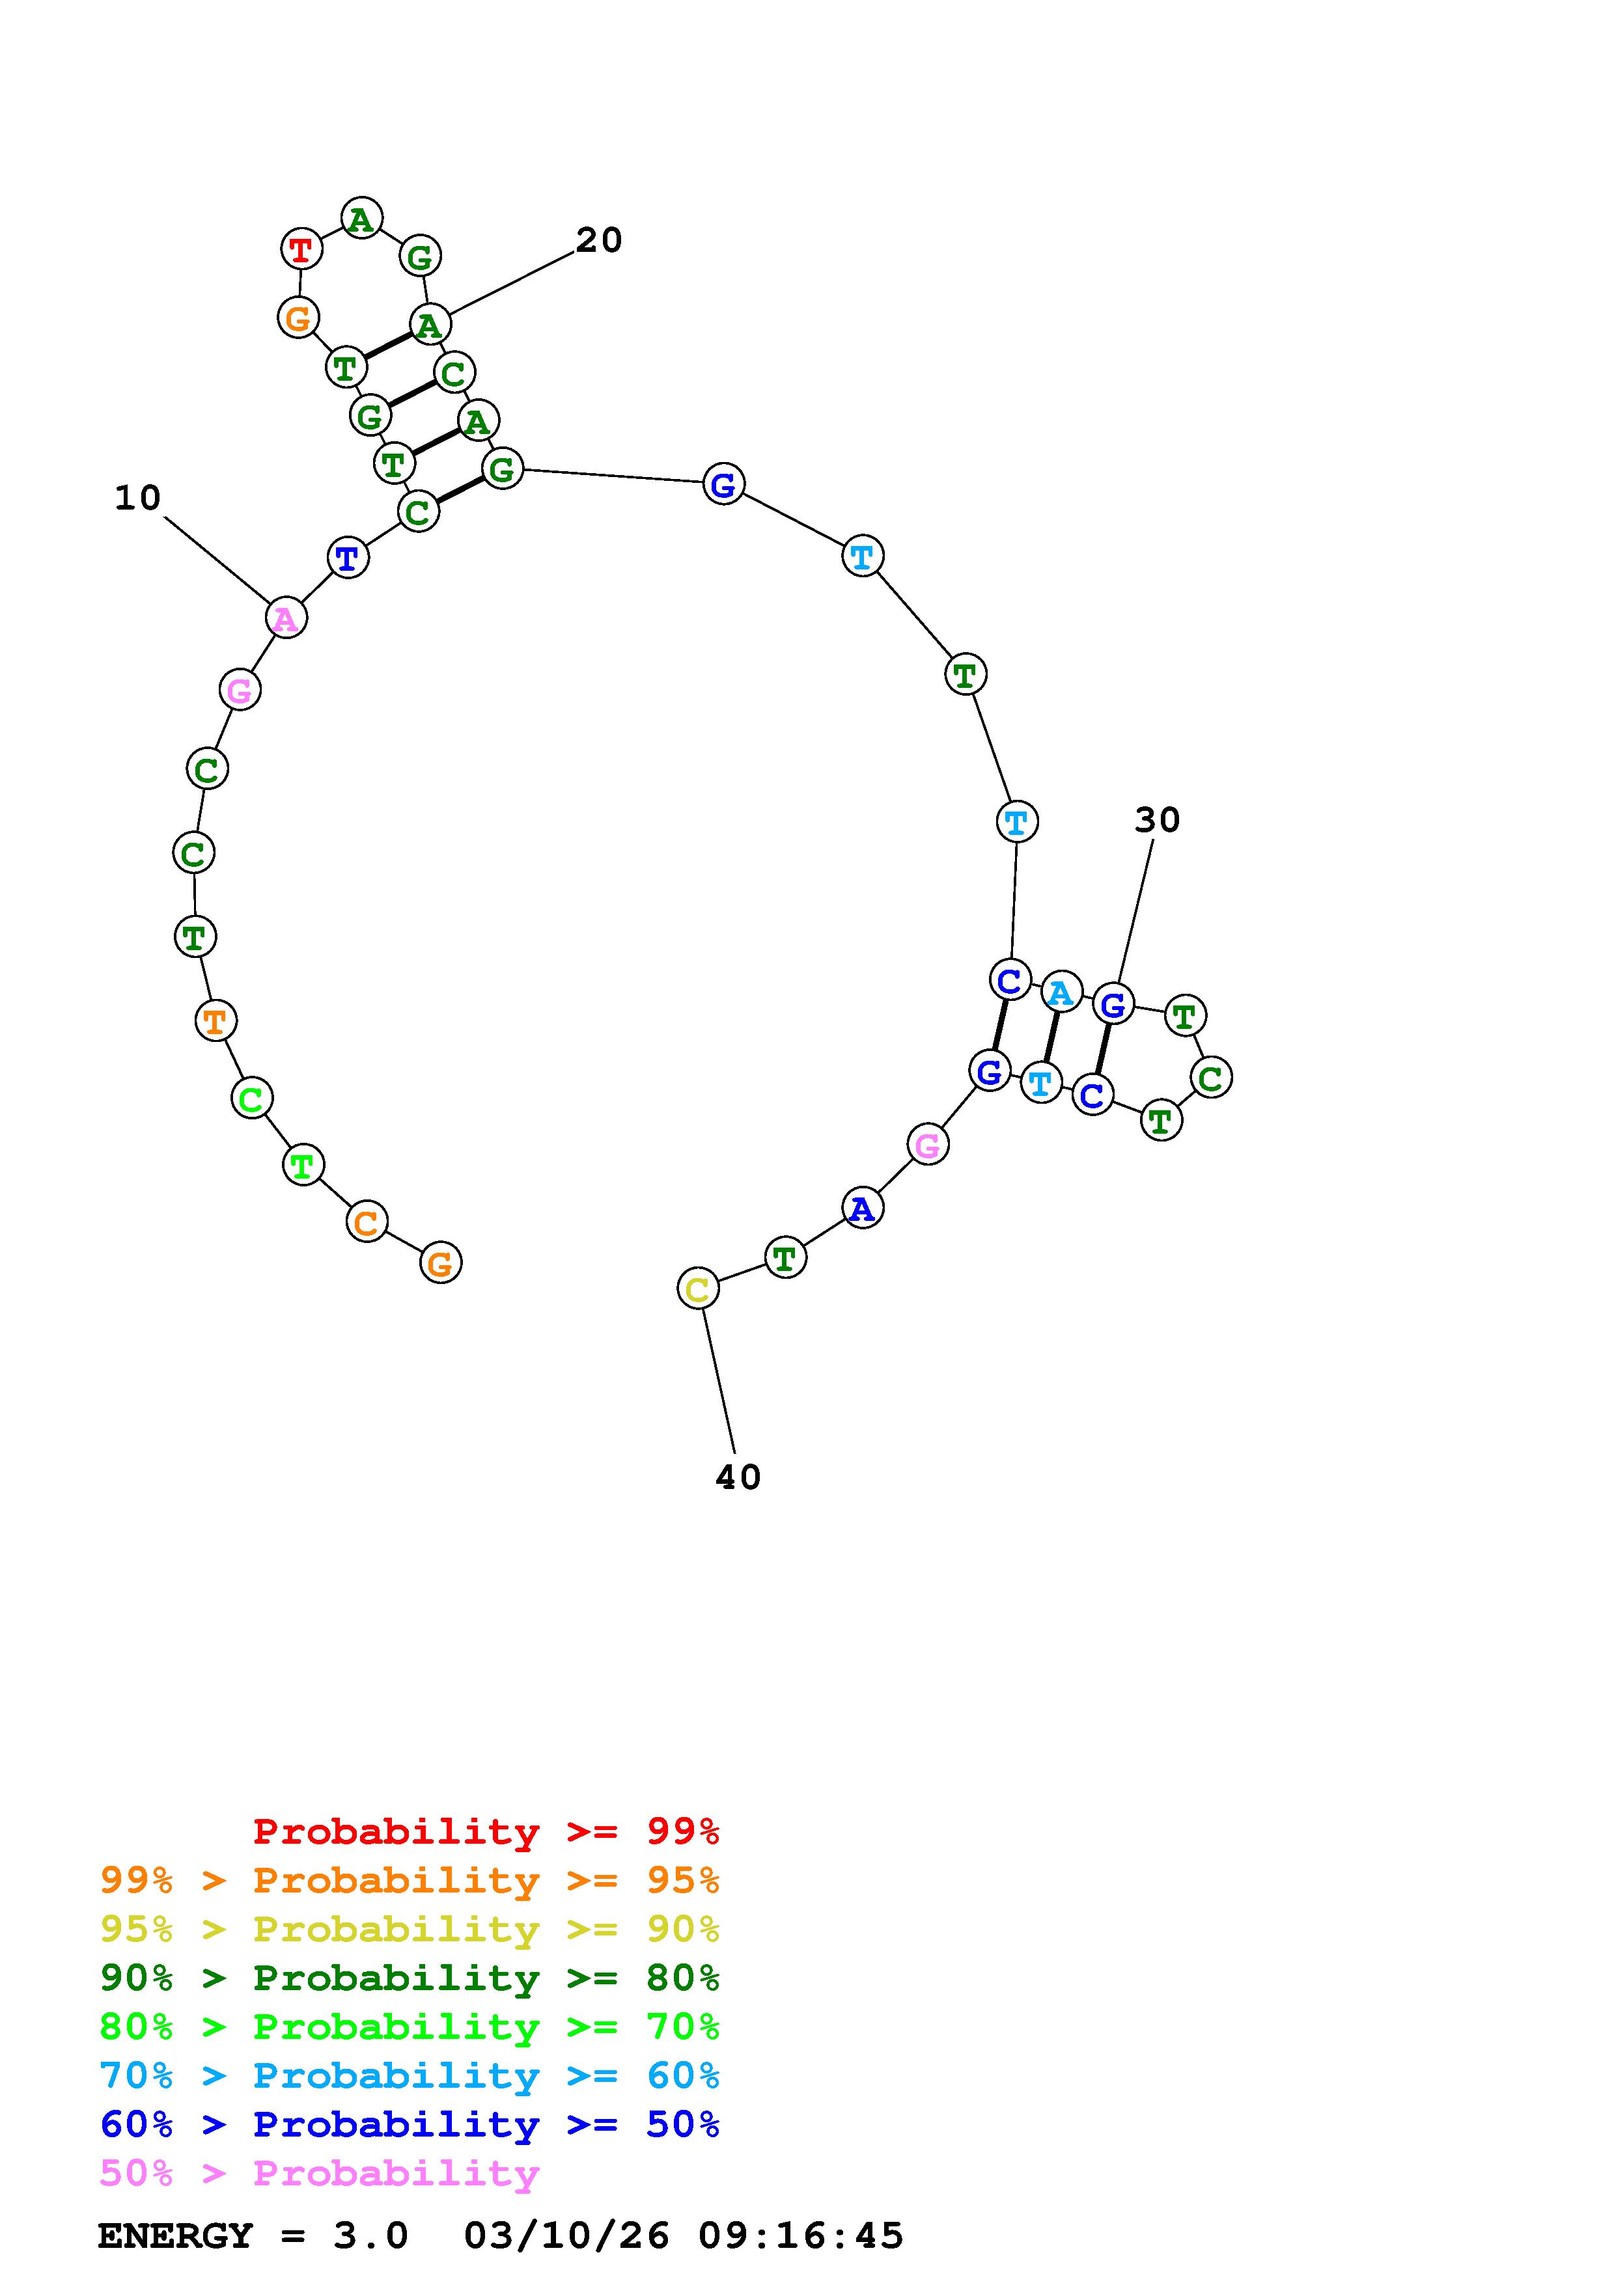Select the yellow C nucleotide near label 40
point(697,1289)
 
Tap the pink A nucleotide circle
point(285,618)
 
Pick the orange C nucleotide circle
point(366,1222)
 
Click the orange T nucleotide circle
point(215,1020)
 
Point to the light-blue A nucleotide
point(1061,992)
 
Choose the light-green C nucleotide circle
point(251,1099)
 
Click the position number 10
point(137,497)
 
